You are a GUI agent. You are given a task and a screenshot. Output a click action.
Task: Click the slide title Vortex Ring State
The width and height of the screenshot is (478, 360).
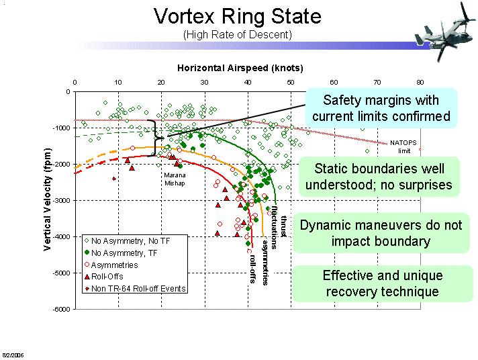click(238, 16)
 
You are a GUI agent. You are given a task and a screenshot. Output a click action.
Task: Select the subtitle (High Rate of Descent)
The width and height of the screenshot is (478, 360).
click(238, 34)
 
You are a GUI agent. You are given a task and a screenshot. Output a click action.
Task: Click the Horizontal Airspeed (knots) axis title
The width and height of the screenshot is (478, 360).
click(240, 68)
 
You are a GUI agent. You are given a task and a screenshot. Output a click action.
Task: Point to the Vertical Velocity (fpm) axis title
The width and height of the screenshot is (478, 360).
click(48, 199)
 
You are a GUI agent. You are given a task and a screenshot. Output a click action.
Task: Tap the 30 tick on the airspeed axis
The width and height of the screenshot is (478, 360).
click(204, 82)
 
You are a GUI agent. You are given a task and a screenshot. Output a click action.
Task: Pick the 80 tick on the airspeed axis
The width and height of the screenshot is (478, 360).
click(420, 82)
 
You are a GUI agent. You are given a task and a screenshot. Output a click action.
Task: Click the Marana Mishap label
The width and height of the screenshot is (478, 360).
click(175, 179)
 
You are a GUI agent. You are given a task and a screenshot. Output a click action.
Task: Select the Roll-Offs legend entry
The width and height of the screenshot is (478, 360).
click(109, 277)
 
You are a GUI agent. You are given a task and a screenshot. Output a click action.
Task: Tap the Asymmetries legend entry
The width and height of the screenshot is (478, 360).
click(114, 265)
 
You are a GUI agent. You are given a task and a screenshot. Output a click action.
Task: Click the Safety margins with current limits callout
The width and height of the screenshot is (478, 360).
click(381, 108)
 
